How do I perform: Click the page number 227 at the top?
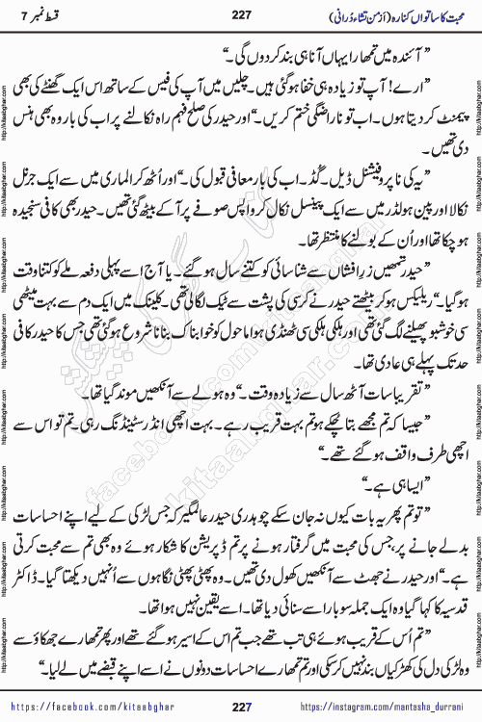click(240, 13)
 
